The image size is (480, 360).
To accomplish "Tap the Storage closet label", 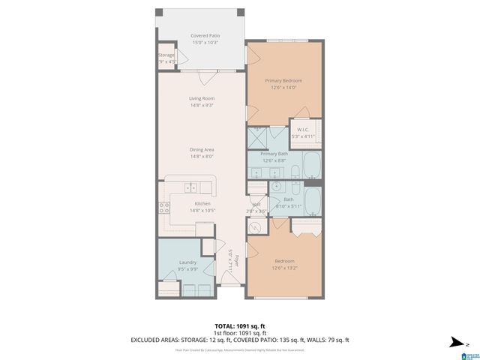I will click(x=166, y=55).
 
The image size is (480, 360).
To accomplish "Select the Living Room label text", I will click(x=201, y=98).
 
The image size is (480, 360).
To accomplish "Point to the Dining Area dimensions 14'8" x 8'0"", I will click(x=201, y=157).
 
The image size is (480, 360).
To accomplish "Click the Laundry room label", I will click(x=187, y=262).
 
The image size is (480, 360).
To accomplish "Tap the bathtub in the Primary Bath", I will click(x=310, y=166).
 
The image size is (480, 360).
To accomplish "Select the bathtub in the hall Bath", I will click(x=310, y=201).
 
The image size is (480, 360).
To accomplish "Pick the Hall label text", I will click(x=256, y=205).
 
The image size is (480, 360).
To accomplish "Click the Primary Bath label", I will click(x=284, y=154).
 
